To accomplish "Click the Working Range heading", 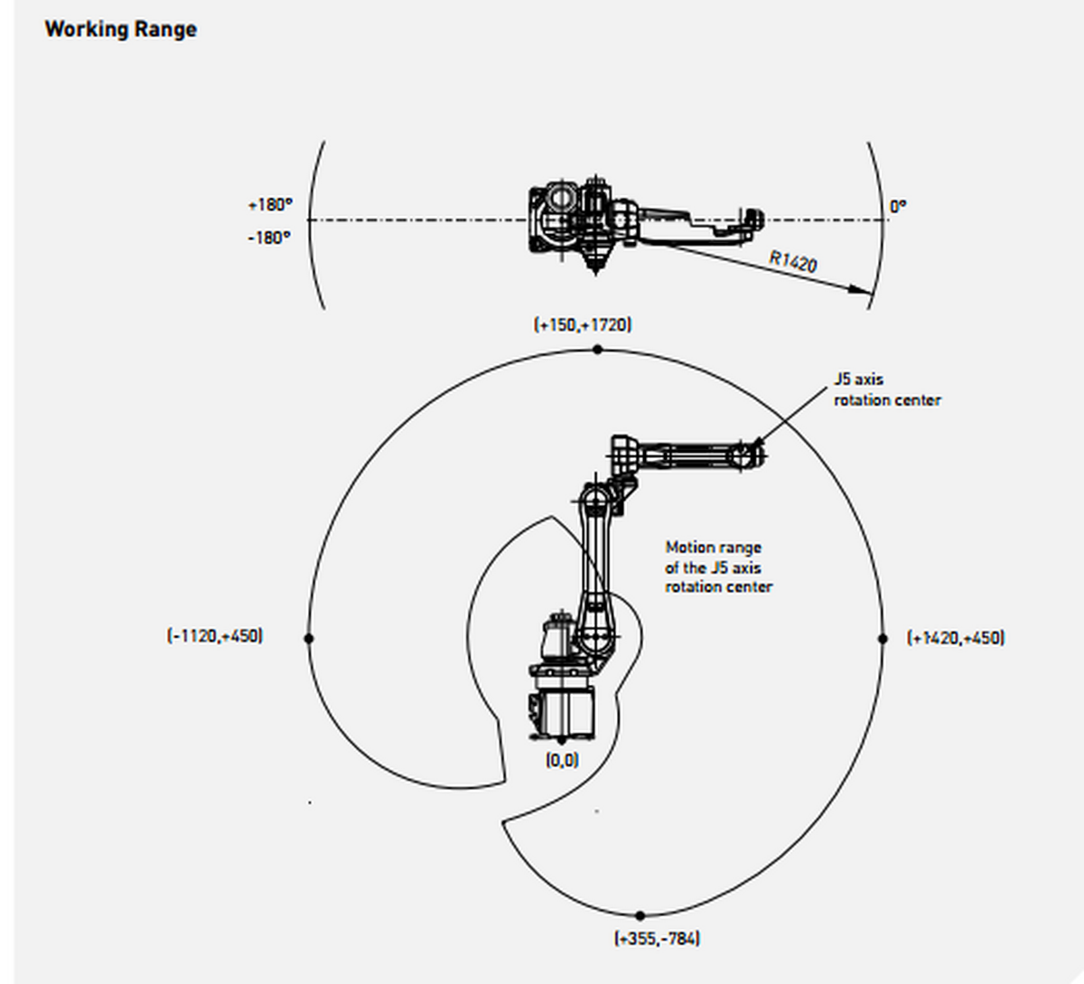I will [120, 29].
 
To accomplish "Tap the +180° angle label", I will [270, 205].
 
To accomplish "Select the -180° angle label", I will [270, 238].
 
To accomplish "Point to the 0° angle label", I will [897, 206].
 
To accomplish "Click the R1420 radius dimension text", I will [793, 261].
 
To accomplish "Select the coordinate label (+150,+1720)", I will [583, 324].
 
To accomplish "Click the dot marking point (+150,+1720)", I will [597, 349].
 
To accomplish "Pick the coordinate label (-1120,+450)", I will [215, 635].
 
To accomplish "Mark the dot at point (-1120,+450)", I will [309, 638].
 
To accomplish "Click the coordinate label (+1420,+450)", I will [956, 637].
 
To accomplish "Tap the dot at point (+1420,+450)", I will [883, 638].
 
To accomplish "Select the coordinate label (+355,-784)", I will [658, 938].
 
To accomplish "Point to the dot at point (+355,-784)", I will [640, 915].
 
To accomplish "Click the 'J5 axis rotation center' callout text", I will [886, 389].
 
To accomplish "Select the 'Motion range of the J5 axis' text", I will [718, 567].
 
